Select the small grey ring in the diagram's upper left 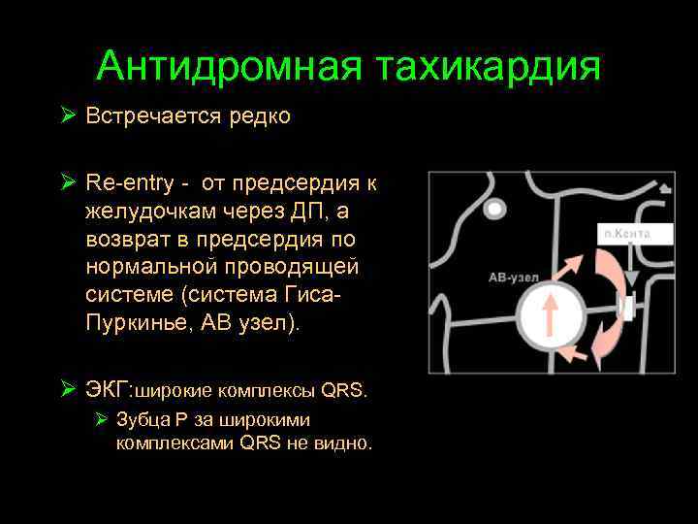pyautogui.click(x=496, y=208)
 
